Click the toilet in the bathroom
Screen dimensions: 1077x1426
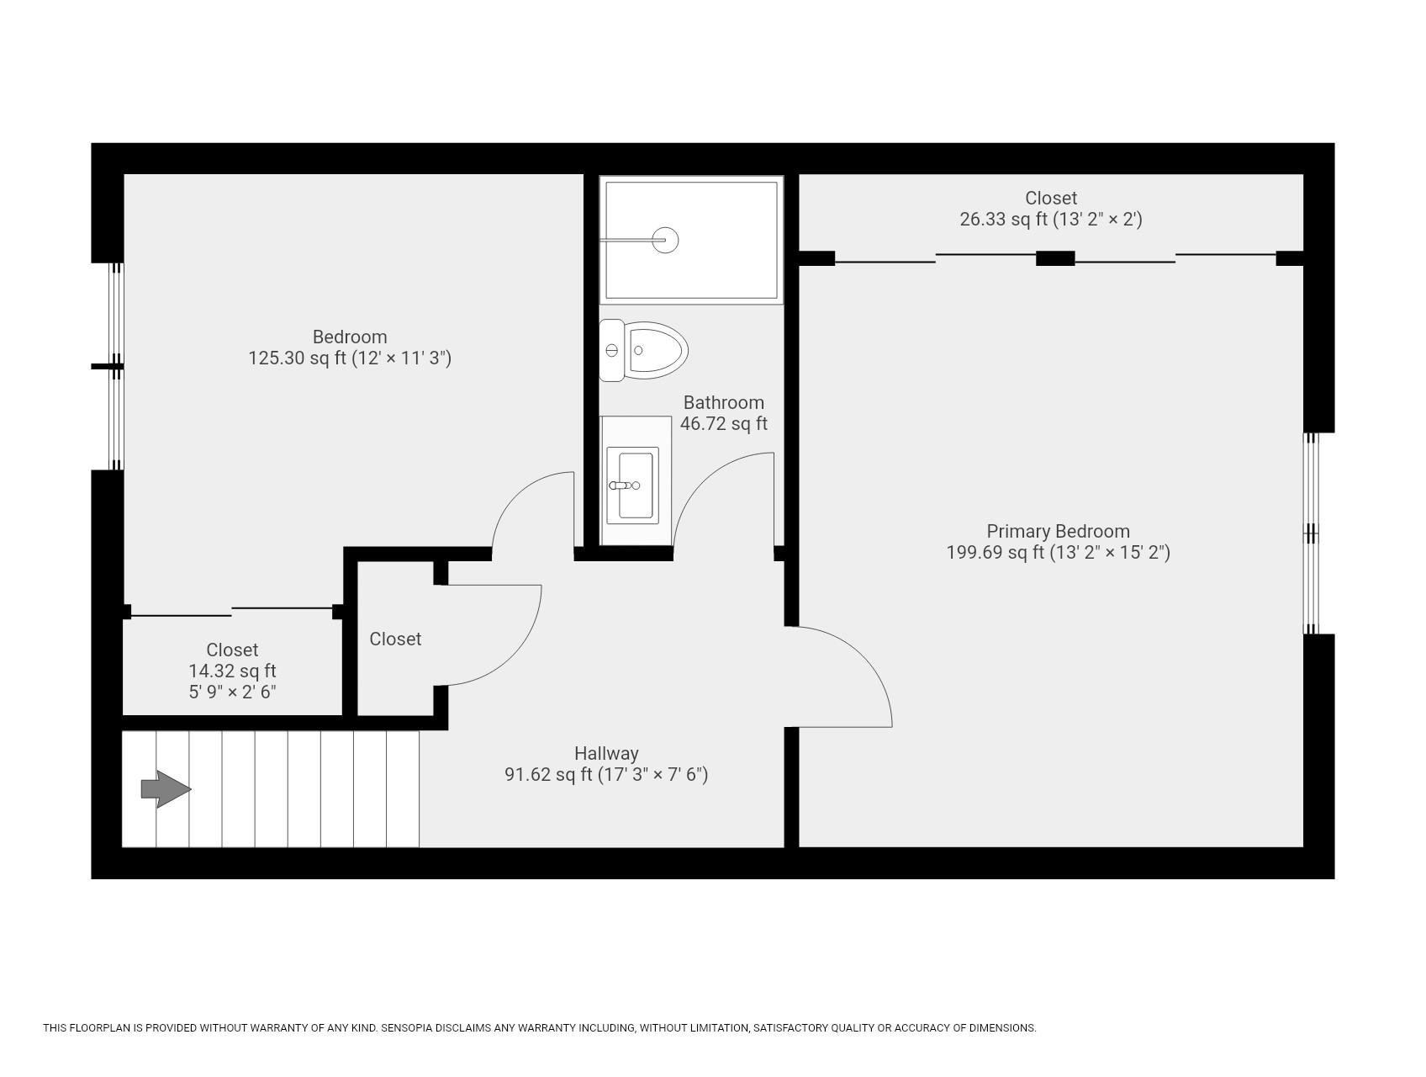[646, 350]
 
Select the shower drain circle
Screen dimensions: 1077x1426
[666, 240]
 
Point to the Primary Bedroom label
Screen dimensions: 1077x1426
[1058, 531]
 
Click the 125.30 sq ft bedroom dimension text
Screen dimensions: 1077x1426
[350, 358]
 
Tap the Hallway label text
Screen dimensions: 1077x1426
[606, 753]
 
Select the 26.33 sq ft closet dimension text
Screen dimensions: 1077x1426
[1050, 220]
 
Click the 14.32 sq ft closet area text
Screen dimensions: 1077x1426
[232, 671]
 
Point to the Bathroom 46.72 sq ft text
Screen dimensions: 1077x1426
[723, 413]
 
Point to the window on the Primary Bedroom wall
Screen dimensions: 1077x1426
[1312, 533]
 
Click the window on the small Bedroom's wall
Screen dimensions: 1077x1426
[116, 366]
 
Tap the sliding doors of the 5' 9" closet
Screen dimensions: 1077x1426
[231, 612]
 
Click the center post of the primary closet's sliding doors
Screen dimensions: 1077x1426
[1054, 258]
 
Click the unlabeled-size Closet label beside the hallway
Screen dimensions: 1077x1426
[395, 639]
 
